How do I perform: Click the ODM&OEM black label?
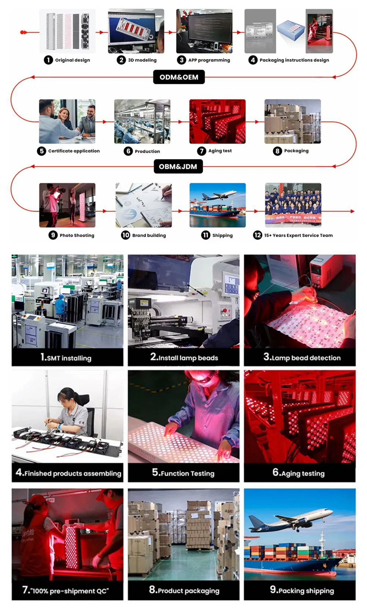coord(179,77)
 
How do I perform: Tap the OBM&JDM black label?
coord(178,167)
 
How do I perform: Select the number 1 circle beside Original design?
coord(48,60)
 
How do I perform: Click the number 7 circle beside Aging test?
coord(201,151)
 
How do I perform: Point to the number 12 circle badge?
coord(257,235)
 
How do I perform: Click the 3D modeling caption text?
coord(142,60)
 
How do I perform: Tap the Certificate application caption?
coord(74,151)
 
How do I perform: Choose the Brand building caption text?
coord(149,235)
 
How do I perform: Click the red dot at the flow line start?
coord(23,32)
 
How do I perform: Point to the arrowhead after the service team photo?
coord(352,211)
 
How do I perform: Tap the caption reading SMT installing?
coord(66,358)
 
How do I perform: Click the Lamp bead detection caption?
coord(302,357)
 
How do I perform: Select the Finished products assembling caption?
coord(68,473)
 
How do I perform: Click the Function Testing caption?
coord(183,473)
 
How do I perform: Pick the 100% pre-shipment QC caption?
coord(66,590)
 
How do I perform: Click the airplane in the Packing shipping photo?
coord(290,520)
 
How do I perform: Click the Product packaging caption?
coord(184,590)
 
